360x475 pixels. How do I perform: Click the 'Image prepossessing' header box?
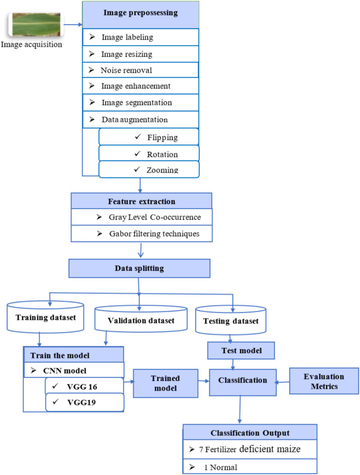point(140,14)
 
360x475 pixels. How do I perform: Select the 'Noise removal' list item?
point(140,70)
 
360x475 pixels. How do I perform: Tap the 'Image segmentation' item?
point(140,103)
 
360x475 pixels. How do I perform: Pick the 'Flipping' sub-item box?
point(149,137)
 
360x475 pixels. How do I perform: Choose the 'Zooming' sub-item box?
point(149,169)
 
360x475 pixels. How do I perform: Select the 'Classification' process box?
point(242,381)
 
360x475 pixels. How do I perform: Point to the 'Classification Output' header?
point(250,433)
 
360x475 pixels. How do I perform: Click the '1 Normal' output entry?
point(250,466)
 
